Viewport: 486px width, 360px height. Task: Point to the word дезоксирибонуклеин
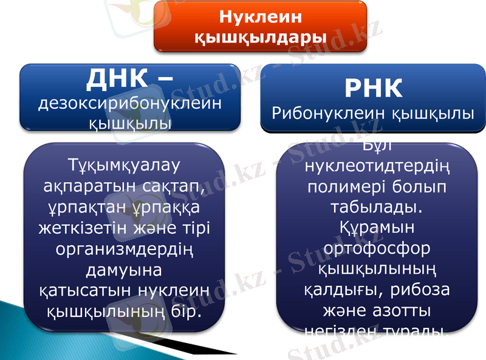pyautogui.click(x=129, y=104)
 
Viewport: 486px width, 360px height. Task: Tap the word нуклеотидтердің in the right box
pyautogui.click(x=377, y=165)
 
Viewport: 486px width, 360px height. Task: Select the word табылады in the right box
pyautogui.click(x=375, y=207)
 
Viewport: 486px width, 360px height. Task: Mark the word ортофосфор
pyautogui.click(x=377, y=248)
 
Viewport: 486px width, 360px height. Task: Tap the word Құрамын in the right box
pyautogui.click(x=377, y=228)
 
